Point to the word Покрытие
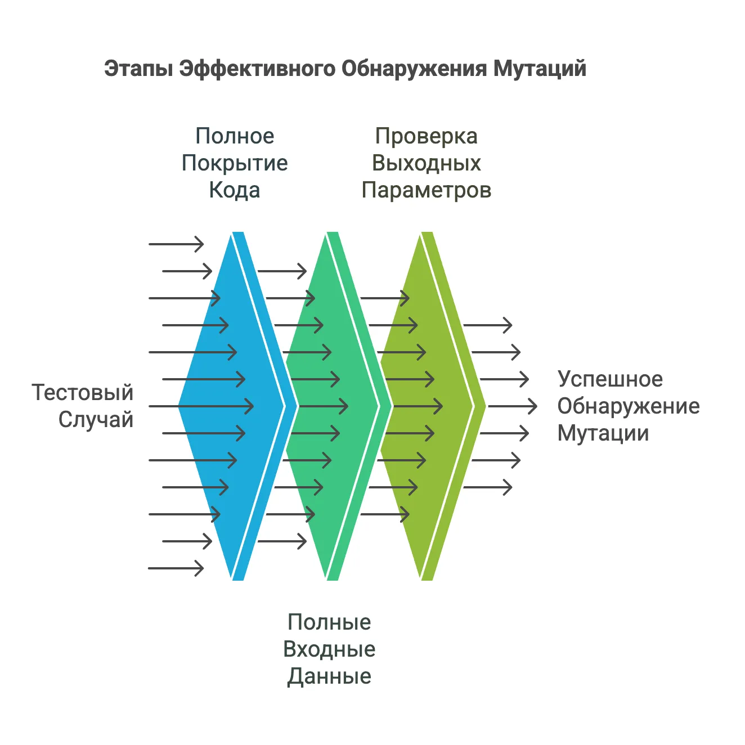tap(235, 163)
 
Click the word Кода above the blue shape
tap(235, 190)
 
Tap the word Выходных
tap(427, 163)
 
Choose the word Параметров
tap(427, 191)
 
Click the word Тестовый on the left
tap(82, 393)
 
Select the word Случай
tap(96, 420)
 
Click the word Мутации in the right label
tap(603, 434)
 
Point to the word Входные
tap(329, 649)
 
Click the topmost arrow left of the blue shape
tap(176, 244)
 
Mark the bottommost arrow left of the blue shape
tap(176, 568)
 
